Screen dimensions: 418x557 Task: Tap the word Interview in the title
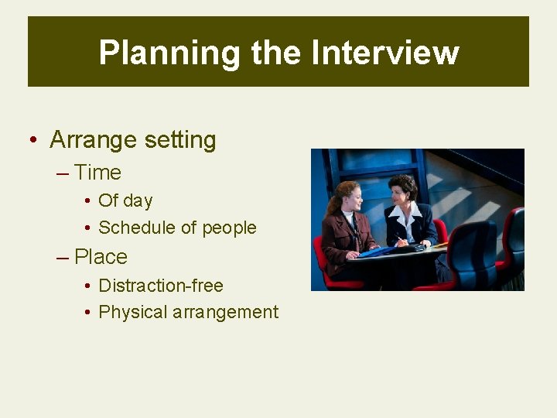385,53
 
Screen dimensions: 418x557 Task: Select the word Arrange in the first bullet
92,140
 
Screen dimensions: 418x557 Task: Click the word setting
179,140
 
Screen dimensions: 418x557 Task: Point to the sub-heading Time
97,173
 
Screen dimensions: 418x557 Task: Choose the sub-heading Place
101,257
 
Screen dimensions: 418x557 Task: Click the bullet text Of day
125,200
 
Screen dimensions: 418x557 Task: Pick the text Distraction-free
161,286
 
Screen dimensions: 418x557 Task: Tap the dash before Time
63,173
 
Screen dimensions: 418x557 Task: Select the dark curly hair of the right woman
404,183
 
